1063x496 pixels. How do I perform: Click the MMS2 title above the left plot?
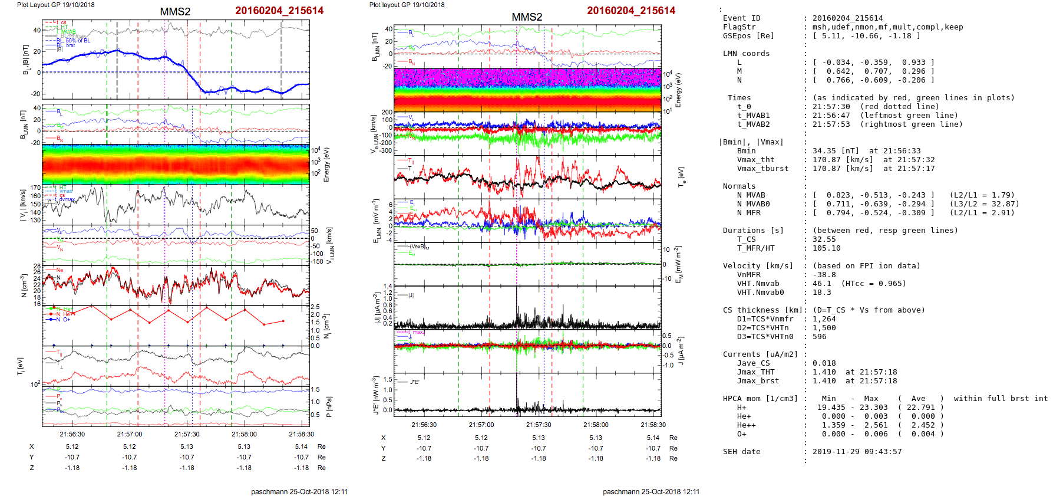pos(175,12)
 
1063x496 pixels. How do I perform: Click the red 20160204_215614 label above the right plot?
pos(631,11)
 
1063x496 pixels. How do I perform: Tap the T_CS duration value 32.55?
pos(824,239)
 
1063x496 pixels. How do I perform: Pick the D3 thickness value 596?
pos(819,337)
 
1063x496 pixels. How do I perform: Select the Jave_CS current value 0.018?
pos(824,363)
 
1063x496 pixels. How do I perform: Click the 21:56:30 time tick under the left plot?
pos(72,434)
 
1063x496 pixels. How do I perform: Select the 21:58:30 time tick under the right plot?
pos(653,425)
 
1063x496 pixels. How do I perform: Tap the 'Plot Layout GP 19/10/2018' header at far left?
pos(55,5)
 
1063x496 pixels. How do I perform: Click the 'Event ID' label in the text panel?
pos(741,18)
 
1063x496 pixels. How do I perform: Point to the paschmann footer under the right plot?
pos(651,491)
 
